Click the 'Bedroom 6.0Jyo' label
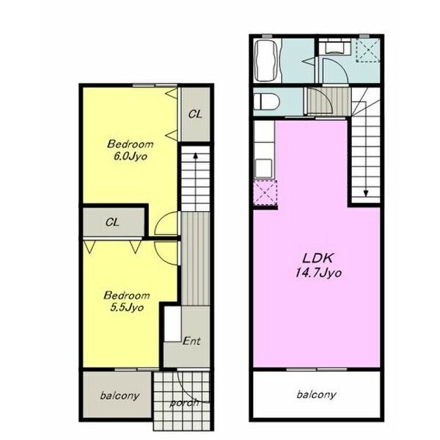[131, 150]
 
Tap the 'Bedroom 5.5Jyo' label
[127, 301]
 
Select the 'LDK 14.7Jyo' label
[318, 265]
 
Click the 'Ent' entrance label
[191, 341]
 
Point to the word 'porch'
[184, 403]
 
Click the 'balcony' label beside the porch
[120, 396]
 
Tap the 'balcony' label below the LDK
[316, 395]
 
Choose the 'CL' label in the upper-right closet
[195, 114]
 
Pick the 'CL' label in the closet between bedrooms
[112, 222]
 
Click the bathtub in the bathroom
[266, 61]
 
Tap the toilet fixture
[266, 101]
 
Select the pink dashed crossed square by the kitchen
[265, 192]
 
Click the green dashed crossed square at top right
[368, 50]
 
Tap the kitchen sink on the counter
[263, 168]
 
